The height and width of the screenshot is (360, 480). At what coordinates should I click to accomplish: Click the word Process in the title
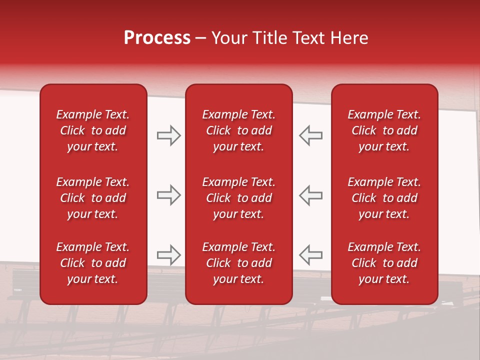click(x=157, y=38)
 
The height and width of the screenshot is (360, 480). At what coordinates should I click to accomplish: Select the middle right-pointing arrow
click(x=168, y=195)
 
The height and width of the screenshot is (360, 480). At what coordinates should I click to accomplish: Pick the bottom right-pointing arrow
click(x=168, y=255)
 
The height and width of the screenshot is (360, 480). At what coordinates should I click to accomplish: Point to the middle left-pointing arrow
click(x=310, y=195)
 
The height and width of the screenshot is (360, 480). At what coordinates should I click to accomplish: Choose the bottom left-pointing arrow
click(x=310, y=255)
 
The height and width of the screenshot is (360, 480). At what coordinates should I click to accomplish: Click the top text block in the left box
click(x=93, y=130)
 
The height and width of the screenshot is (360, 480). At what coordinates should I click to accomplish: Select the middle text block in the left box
click(x=93, y=198)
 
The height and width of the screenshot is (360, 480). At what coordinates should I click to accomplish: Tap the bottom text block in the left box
click(x=93, y=263)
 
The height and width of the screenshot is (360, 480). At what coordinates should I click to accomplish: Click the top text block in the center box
click(x=238, y=130)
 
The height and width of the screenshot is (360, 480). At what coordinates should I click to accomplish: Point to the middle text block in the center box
click(x=238, y=198)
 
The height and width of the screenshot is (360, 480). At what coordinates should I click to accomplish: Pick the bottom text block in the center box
click(x=238, y=263)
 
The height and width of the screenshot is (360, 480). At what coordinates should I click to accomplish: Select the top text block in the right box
click(x=384, y=130)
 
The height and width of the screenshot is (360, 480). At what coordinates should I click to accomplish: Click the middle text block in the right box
click(x=384, y=198)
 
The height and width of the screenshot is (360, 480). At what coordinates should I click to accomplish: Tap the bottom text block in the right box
click(x=384, y=263)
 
